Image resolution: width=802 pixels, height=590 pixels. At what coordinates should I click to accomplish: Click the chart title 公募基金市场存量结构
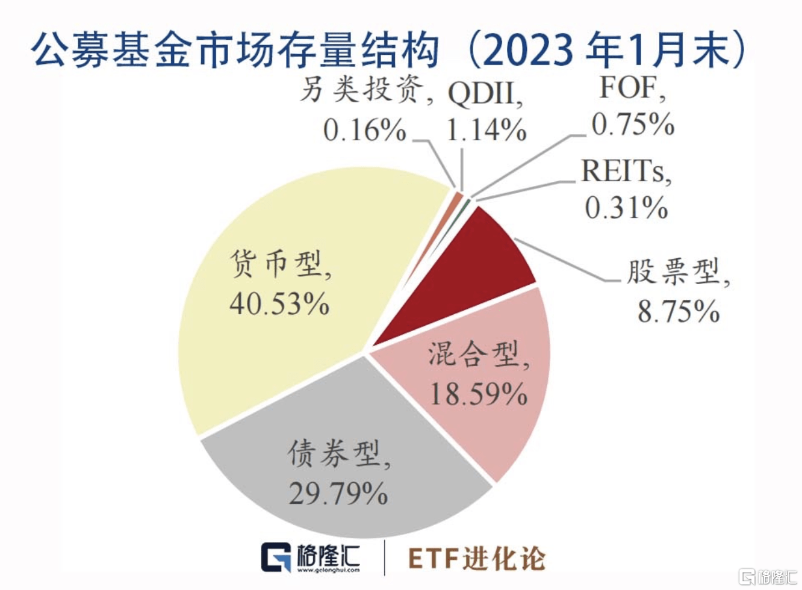coord(235,49)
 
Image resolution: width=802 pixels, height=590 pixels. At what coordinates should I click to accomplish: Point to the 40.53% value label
coord(279,303)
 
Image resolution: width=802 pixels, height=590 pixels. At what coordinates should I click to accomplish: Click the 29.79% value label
coord(338,494)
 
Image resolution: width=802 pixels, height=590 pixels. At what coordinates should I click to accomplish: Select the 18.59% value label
coord(479,394)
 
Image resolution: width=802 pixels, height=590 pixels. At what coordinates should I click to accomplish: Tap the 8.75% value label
coord(679,311)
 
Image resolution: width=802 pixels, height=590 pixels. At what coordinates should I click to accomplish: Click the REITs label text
coord(625,172)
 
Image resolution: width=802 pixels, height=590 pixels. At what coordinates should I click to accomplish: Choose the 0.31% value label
coord(626,208)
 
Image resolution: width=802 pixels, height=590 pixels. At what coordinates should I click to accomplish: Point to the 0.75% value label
coord(633,125)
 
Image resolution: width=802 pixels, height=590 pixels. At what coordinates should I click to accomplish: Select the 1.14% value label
coord(486,130)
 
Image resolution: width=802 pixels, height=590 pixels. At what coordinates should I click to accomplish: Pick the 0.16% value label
coord(365,130)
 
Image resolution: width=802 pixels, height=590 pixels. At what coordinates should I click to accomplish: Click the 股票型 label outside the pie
coord(678,273)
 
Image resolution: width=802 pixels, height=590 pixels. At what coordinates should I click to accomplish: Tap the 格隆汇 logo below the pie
coord(311,557)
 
